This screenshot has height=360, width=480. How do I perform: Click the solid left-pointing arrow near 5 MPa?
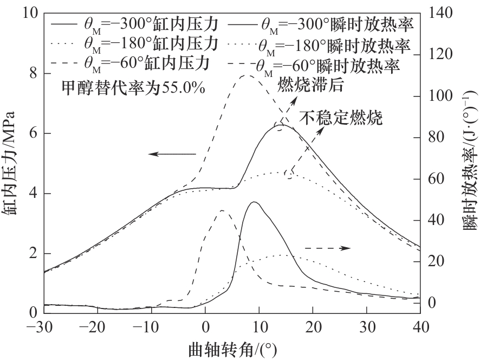(172, 155)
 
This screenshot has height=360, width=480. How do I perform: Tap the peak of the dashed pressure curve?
(248, 75)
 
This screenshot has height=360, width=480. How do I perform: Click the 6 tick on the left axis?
(33, 133)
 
